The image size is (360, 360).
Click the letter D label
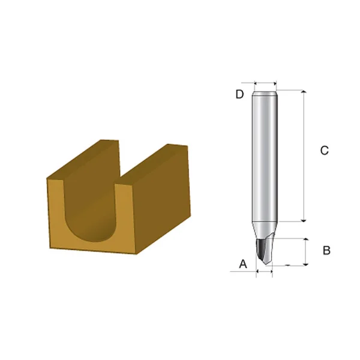tap(239, 94)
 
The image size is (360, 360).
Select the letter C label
tap(324, 151)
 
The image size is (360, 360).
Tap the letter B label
tap(326, 250)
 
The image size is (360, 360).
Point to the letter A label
tap(243, 263)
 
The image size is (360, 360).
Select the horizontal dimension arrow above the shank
tap(265, 83)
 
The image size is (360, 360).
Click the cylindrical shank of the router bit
tap(265, 156)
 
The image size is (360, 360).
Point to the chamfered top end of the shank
tap(265, 92)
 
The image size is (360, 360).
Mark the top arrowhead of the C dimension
tap(305, 93)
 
